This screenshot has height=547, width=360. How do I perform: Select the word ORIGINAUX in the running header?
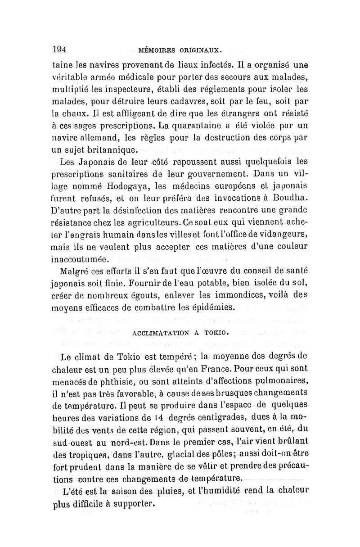point(199,49)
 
